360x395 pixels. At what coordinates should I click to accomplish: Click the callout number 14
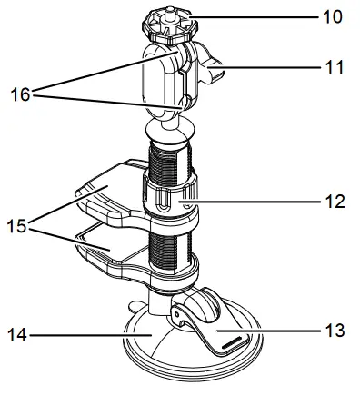point(17,335)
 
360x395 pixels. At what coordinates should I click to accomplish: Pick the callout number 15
point(17,223)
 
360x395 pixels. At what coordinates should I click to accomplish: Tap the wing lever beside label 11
point(211,65)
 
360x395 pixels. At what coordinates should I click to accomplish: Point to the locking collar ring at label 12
point(168,196)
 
